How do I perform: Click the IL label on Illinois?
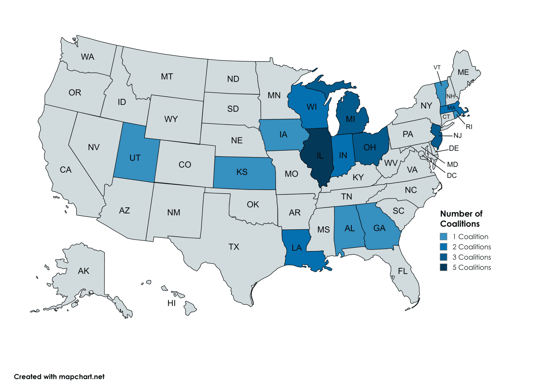(x=320, y=156)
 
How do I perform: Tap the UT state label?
(x=135, y=158)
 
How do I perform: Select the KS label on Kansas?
(x=242, y=172)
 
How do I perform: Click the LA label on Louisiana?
(x=297, y=248)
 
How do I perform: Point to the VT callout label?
(x=437, y=67)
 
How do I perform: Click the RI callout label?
(x=469, y=127)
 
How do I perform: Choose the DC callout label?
(x=452, y=175)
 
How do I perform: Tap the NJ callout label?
(x=458, y=135)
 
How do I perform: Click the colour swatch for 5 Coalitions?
(x=443, y=267)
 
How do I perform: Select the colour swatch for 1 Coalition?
(x=443, y=236)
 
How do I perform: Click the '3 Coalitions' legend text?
(x=472, y=257)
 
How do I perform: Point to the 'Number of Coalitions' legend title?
(x=461, y=219)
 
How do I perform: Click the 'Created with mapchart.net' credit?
(x=59, y=377)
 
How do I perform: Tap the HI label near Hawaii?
(x=171, y=303)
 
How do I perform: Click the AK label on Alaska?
(x=83, y=271)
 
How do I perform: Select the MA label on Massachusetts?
(x=451, y=108)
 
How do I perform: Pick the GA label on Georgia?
(x=379, y=228)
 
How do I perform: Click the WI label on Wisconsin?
(x=311, y=107)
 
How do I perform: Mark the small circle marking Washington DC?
(x=421, y=153)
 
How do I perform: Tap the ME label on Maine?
(x=463, y=72)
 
